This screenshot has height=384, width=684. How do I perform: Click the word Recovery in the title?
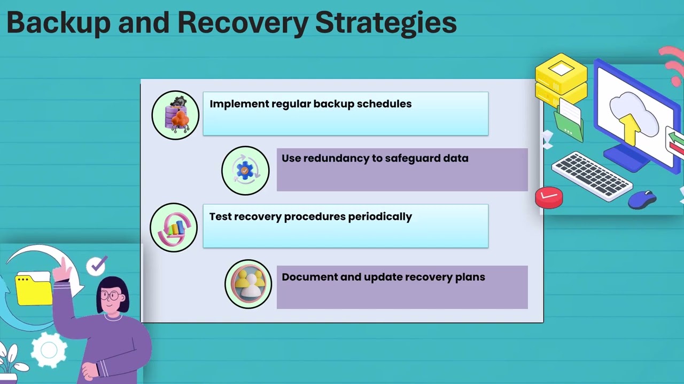point(243,23)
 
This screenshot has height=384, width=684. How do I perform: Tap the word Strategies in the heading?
point(386,23)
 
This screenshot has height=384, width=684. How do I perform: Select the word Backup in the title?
point(58,23)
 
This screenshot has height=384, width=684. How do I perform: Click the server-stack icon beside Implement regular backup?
point(176,115)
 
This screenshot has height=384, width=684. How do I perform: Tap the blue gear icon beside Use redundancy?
point(245,170)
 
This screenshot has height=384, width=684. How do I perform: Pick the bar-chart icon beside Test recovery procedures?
point(174,228)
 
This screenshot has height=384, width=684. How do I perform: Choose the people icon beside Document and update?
point(248,284)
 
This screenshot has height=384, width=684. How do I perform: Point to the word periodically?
point(379,217)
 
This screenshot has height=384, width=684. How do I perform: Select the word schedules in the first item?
point(384,104)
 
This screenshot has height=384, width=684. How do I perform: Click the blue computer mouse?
point(642,199)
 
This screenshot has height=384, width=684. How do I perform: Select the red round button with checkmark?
point(549,197)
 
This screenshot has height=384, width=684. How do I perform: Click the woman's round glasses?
point(111,295)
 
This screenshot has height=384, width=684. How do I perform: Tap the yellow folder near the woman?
point(34,289)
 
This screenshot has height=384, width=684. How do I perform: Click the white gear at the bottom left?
point(49,350)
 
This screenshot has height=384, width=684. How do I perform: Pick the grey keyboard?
point(592,177)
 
